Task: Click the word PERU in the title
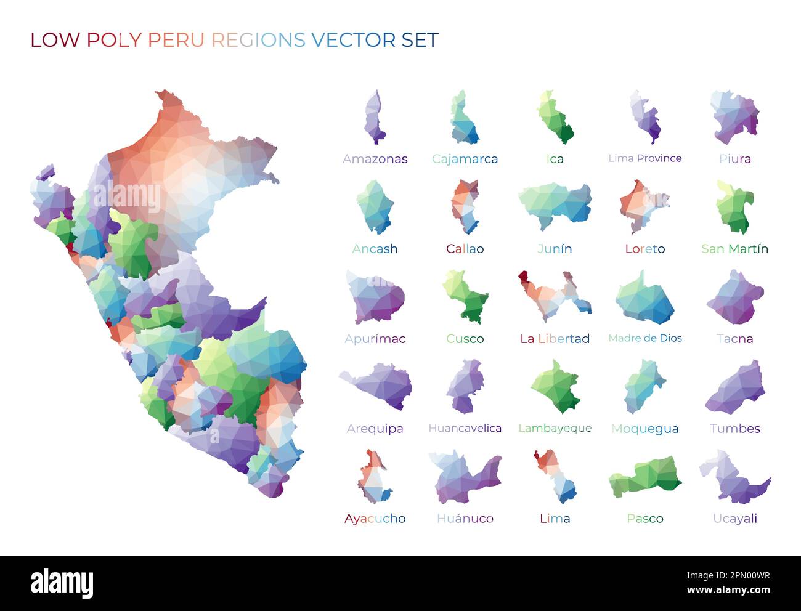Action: (176, 40)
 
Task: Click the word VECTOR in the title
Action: (353, 40)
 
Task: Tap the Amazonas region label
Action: (375, 159)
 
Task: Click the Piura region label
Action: (734, 159)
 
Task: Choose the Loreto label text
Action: (644, 249)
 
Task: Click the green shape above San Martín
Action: (734, 208)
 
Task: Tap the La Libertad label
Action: (555, 339)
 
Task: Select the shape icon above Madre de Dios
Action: (644, 299)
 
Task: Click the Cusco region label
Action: (465, 339)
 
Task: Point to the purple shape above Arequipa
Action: (377, 385)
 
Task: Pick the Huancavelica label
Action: (465, 428)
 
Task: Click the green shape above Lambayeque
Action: (556, 387)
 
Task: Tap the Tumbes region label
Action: (734, 429)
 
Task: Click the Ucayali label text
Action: (734, 519)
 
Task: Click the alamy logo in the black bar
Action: (62, 583)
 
